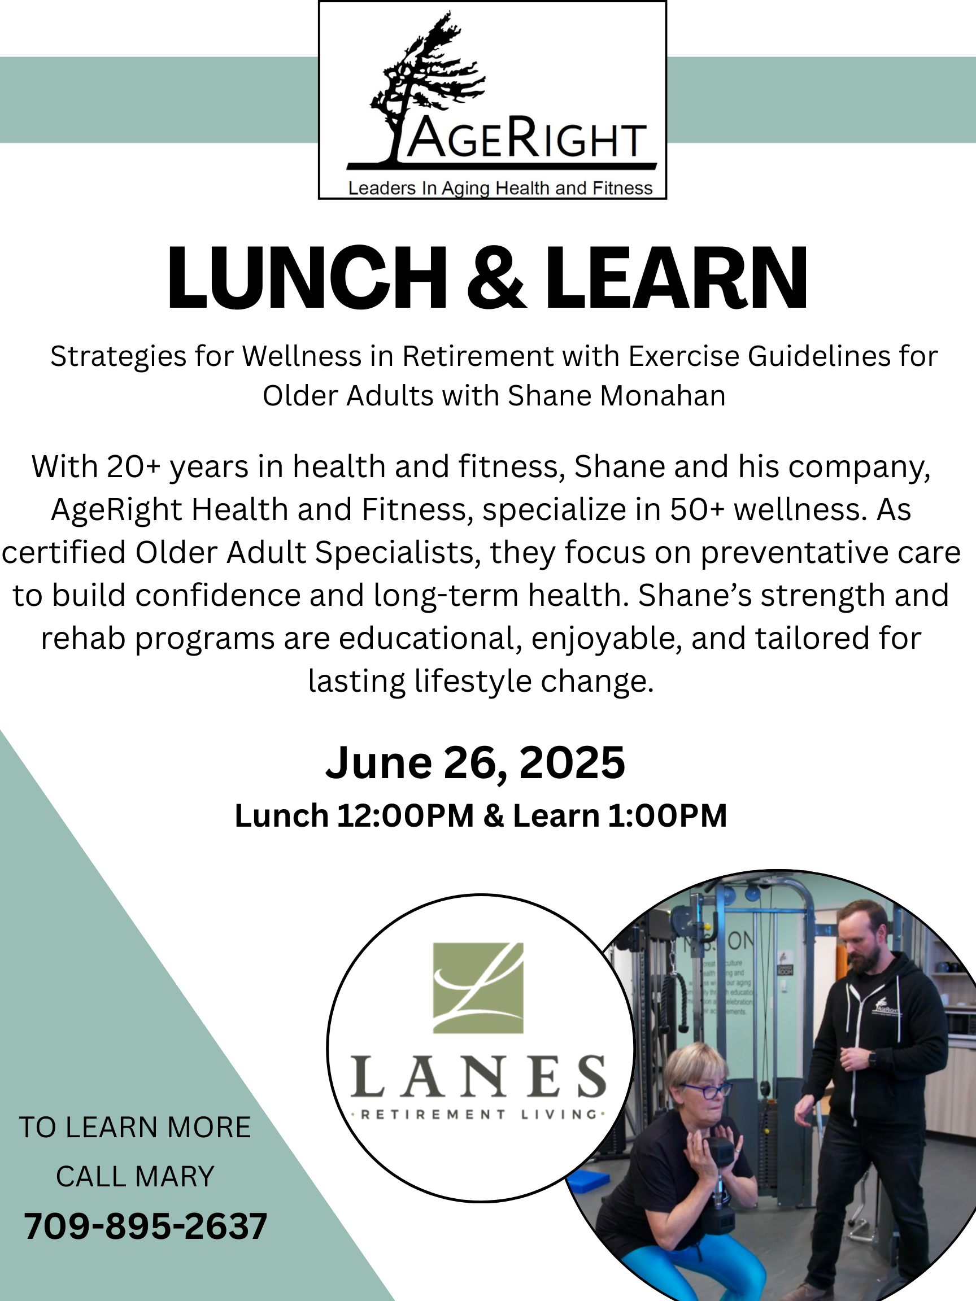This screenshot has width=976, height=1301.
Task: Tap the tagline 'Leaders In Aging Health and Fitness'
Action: click(500, 188)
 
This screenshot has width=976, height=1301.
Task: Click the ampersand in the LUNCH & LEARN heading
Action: click(496, 277)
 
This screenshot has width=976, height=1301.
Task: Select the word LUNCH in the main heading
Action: click(307, 277)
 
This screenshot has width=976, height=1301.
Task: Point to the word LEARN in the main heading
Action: click(677, 277)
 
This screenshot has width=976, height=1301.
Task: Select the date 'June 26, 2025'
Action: click(476, 762)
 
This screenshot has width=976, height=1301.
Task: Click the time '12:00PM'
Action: click(406, 816)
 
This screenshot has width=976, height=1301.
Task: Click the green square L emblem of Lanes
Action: click(478, 988)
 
